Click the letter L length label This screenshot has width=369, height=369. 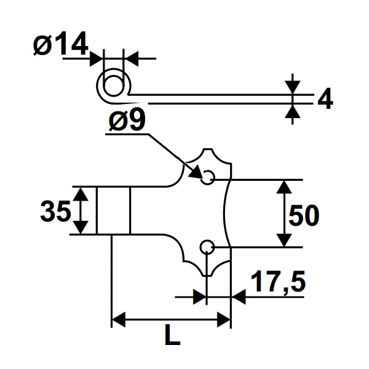tap(173, 336)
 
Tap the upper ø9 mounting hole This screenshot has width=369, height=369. tap(208, 177)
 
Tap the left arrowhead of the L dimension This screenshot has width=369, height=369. tap(117, 320)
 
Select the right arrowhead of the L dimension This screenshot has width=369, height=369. tap(224, 320)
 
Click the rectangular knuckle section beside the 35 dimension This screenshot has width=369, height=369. tap(113, 210)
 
